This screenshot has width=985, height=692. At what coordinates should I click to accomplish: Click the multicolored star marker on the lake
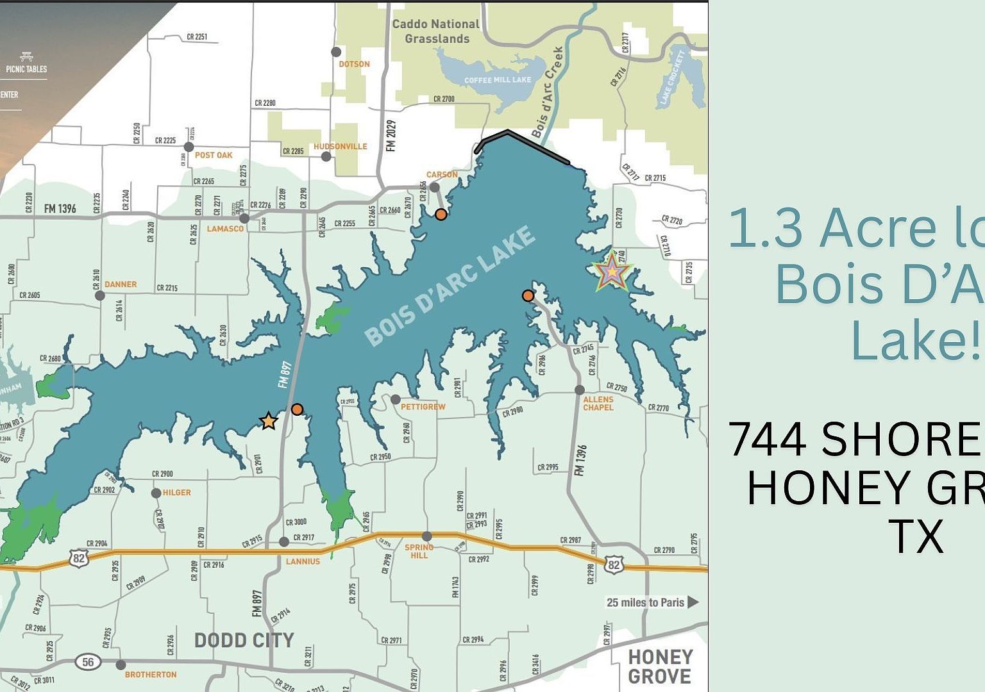[x=612, y=272]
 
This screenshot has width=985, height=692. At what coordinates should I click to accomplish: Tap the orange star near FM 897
[x=269, y=421]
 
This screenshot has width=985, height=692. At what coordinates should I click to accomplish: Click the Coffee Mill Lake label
[x=498, y=80]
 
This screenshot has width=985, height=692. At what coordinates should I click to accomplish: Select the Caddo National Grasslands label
[x=436, y=31]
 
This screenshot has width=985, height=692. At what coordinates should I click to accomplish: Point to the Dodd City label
[x=244, y=640]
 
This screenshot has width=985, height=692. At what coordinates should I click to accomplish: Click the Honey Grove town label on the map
[x=660, y=666]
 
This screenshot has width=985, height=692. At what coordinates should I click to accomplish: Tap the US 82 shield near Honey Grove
[x=614, y=564]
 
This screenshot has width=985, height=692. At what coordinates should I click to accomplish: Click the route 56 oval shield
[x=88, y=662]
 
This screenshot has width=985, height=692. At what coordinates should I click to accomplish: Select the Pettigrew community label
[x=423, y=407]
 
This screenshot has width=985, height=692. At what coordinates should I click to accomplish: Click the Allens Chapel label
[x=598, y=403]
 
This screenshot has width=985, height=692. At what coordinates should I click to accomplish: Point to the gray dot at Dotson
[x=336, y=51]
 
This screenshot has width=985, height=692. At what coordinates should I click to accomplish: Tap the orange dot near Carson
[x=441, y=215]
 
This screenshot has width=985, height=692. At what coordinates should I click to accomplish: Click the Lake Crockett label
[x=673, y=77]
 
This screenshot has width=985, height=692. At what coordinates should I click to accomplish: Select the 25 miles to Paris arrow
[x=693, y=602]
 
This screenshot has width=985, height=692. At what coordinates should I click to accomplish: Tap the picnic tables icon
[x=26, y=57]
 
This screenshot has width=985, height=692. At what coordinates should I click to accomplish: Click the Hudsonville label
[x=341, y=146]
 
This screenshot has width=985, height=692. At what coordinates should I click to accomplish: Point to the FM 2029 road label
[x=391, y=136]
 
